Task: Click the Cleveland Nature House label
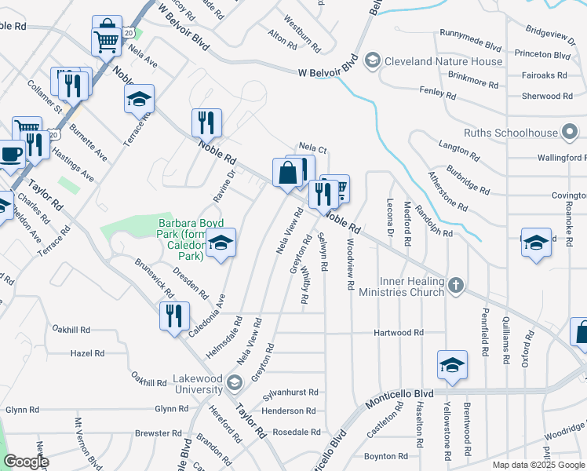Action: pyautogui.click(x=444, y=61)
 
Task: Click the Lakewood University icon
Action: pyautogui.click(x=233, y=383)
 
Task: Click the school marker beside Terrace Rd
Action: pyautogui.click(x=139, y=99)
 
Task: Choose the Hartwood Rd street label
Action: pyautogui.click(x=399, y=333)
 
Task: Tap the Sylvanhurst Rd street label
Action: pyautogui.click(x=290, y=392)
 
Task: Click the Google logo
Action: pyautogui.click(x=26, y=462)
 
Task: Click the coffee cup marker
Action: pyautogui.click(x=10, y=154)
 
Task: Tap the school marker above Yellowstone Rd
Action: pyautogui.click(x=452, y=365)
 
